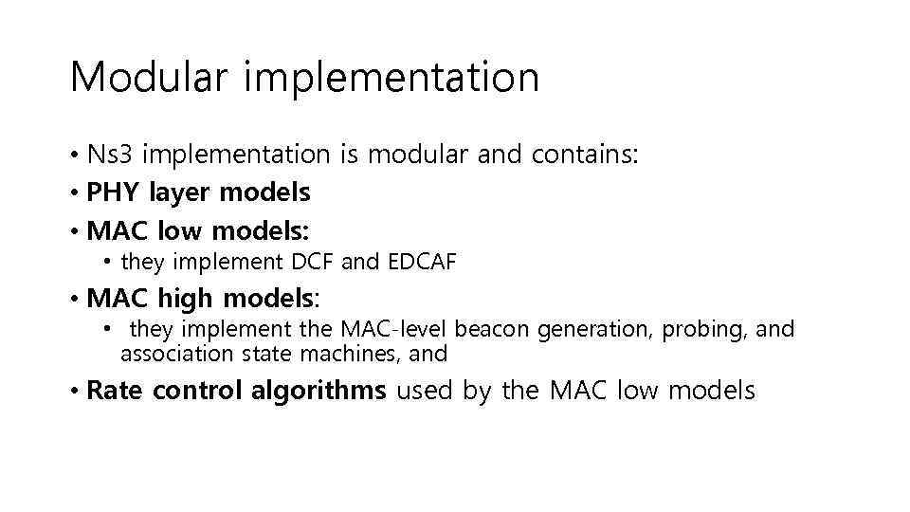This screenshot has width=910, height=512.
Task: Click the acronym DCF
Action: (314, 262)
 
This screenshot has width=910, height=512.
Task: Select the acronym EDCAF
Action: (422, 262)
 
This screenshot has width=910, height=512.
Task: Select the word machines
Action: (350, 354)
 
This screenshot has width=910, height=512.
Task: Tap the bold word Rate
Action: (115, 390)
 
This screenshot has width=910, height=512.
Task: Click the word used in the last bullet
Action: (426, 390)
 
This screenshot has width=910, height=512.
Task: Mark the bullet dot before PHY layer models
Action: (74, 193)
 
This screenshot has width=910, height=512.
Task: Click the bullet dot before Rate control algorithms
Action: (74, 391)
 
